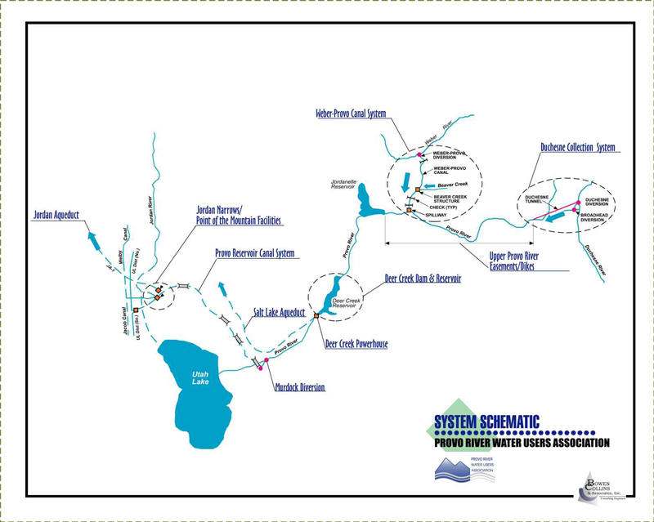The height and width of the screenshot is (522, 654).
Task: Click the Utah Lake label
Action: [x=201, y=377]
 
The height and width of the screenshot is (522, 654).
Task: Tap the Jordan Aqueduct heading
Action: [x=60, y=216]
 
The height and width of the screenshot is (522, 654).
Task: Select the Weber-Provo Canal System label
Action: [x=350, y=114]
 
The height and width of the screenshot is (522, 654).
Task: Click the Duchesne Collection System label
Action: [x=577, y=148]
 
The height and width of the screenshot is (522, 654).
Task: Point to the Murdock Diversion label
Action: [x=300, y=387]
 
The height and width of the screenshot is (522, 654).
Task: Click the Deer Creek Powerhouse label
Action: [x=356, y=345]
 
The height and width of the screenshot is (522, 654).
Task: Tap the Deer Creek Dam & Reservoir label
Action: [x=423, y=279]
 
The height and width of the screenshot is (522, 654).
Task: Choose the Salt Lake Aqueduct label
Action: [x=276, y=313]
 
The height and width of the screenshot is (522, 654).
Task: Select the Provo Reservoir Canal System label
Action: [x=254, y=253]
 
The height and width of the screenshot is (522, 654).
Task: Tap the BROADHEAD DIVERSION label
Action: [x=596, y=216]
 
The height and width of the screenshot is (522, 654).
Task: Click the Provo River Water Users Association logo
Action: [x=464, y=471]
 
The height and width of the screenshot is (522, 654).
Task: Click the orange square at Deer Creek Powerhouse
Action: [x=316, y=315]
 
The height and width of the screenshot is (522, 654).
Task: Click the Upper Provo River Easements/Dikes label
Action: [x=513, y=261]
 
